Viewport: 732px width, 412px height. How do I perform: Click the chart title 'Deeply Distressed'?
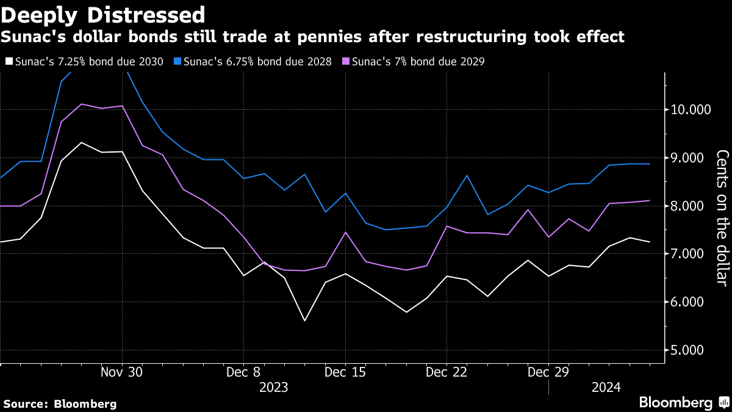(x=102, y=14)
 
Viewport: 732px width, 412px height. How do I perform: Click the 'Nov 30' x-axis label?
(x=122, y=372)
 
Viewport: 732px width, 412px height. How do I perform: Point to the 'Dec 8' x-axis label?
(x=243, y=372)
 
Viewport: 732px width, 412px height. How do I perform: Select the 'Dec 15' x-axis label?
(x=345, y=372)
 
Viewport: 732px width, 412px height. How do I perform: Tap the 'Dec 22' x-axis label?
(x=447, y=372)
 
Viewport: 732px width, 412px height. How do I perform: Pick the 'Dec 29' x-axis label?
(x=548, y=372)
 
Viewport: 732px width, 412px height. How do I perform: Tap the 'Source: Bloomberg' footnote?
(x=60, y=404)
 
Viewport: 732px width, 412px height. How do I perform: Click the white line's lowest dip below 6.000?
(x=304, y=320)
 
